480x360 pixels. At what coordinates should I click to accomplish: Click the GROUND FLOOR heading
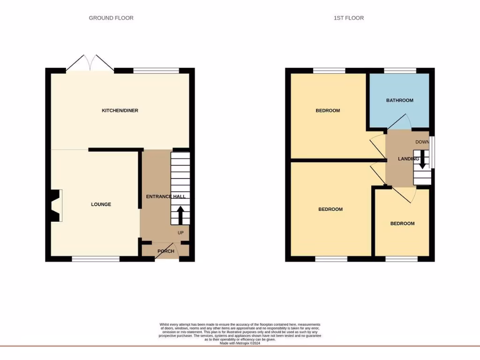point(111,18)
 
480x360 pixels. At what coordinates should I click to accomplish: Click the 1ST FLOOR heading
point(348,18)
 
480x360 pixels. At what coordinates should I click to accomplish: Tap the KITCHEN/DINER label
point(120,111)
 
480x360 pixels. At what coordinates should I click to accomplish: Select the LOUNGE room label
point(101,204)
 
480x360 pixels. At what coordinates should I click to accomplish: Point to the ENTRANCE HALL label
point(165,197)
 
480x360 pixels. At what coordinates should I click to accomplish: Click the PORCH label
point(165,251)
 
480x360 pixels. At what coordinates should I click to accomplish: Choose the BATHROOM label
point(399,100)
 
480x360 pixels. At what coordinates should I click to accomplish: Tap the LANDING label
point(408,159)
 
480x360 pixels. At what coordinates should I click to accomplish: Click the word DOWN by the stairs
point(422,142)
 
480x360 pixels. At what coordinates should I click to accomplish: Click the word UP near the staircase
point(180,232)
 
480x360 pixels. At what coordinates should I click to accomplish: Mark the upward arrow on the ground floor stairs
point(180,216)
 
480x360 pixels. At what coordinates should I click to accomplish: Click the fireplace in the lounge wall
point(55,205)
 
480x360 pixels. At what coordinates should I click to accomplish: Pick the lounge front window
point(96,258)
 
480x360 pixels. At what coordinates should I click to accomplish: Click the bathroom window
point(400,71)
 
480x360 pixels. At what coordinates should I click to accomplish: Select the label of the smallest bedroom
point(402,224)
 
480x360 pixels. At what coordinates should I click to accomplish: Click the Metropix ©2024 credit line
point(240,343)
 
